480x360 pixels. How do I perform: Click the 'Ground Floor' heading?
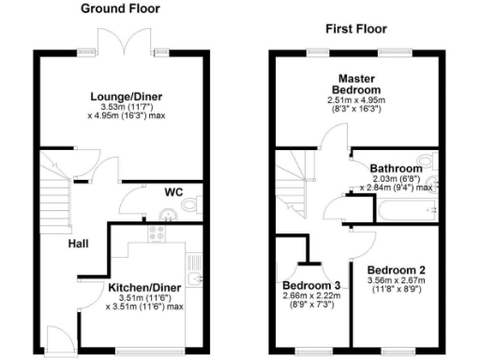coord(120,8)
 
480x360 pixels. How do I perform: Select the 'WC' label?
coord(173,192)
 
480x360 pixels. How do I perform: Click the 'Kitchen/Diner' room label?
coord(144,286)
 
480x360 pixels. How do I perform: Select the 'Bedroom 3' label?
coord(310,285)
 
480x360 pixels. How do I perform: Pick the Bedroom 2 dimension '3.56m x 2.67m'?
coord(397,279)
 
